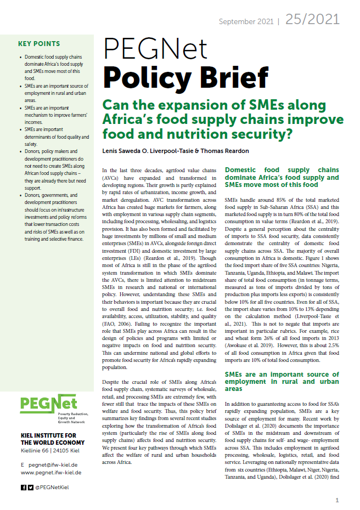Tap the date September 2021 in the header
pyautogui.click(x=246, y=21)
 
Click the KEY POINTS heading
pyautogui.click(x=40, y=44)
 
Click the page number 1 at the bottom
pyautogui.click(x=337, y=500)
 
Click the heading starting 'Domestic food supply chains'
pyautogui.click(x=282, y=178)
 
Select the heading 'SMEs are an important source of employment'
pyautogui.click(x=282, y=381)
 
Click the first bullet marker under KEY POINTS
pyautogui.click(x=20, y=57)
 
